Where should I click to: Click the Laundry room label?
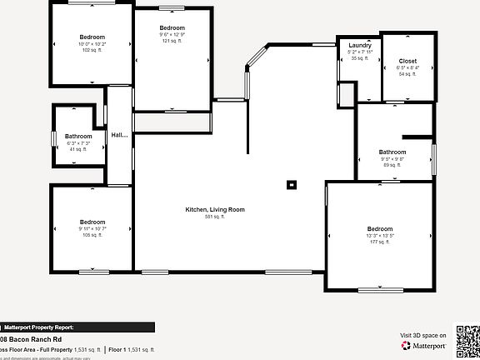(360, 45)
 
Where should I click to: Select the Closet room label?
(407, 61)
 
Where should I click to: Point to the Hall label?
(120, 135)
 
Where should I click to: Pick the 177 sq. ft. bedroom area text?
(379, 242)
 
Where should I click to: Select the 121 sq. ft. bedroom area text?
(172, 41)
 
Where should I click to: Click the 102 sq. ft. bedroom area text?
(92, 50)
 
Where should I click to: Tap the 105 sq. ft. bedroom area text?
(92, 235)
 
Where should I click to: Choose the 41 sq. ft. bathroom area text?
(79, 149)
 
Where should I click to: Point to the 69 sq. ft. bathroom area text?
(392, 165)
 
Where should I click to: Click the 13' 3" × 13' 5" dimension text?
(379, 236)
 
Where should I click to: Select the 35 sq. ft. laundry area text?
(360, 58)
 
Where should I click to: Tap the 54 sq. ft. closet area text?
(407, 74)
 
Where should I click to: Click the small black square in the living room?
(291, 185)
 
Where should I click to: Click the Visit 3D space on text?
(423, 335)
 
